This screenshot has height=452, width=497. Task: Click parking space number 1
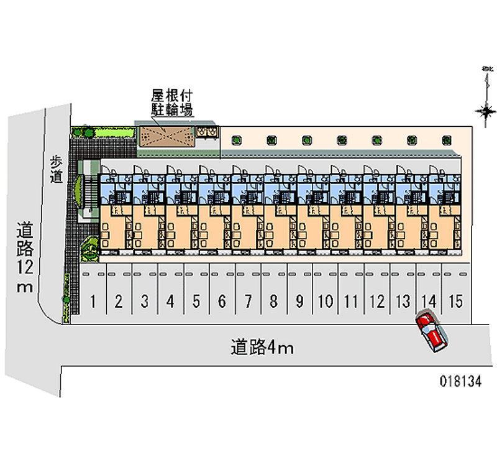tap(93, 302)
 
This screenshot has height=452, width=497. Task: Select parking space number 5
tap(196, 302)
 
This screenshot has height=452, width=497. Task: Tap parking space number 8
tap(273, 302)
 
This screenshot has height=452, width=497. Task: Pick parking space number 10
tap(325, 302)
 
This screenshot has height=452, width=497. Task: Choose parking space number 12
tap(376, 302)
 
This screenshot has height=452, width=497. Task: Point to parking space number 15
tap(455, 302)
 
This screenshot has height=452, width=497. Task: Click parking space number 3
tap(144, 302)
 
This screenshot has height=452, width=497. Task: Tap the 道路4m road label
tap(262, 347)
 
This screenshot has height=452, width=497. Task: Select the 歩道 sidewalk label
tap(57, 168)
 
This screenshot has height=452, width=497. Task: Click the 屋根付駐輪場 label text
tap(172, 103)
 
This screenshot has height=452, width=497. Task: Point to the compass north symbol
tap(485, 110)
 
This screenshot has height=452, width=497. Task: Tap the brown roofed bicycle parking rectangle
tap(165, 136)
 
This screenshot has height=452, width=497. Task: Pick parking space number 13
tap(403, 302)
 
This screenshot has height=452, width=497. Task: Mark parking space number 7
tap(247, 302)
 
